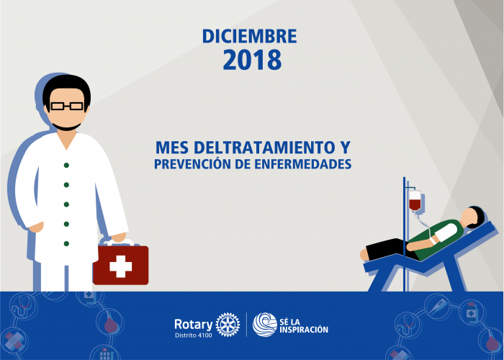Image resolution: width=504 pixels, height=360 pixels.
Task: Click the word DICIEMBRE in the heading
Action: pos(249,36)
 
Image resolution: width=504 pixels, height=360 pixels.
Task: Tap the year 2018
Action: pos(252,60)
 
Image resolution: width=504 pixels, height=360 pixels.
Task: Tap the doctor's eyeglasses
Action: pos(67,106)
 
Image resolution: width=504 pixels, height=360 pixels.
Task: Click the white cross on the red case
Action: pos(120,266)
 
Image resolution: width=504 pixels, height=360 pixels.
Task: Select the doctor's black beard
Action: pos(66,127)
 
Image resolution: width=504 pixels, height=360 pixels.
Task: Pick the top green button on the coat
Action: pos(66,165)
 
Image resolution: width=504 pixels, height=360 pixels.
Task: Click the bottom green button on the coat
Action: pos(66,243)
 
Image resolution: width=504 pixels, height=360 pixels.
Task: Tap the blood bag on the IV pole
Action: pos(415,200)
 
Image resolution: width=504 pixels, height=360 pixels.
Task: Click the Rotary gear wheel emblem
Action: pos(228,325)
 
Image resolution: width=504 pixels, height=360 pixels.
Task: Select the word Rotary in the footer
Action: pos(194,324)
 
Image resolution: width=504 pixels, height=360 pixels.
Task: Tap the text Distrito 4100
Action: pos(194,336)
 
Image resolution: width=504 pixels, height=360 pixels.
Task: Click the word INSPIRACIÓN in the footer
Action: pos(304,330)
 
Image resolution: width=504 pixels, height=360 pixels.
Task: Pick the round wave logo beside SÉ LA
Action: pos(264,325)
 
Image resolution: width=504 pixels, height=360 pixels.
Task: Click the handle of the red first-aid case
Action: pos(117,242)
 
